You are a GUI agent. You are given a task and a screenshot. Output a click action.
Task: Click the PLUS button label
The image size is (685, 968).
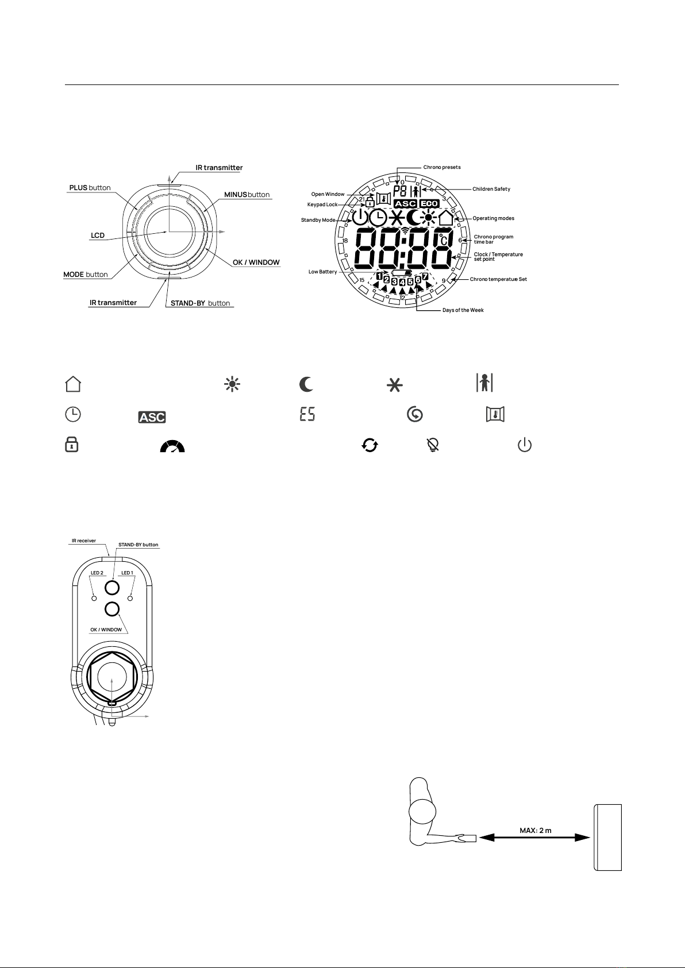[90, 187]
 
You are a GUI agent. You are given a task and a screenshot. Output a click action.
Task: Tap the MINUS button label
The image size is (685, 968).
[247, 195]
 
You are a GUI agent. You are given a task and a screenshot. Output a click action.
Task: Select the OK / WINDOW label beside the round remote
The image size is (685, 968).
[256, 263]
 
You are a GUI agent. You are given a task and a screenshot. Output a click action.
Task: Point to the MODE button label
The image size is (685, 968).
[86, 275]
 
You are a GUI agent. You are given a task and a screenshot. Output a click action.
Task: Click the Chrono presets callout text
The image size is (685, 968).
[442, 167]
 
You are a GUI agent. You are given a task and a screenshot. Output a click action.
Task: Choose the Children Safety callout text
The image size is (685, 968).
[491, 189]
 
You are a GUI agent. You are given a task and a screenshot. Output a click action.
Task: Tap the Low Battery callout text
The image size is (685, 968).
[322, 272]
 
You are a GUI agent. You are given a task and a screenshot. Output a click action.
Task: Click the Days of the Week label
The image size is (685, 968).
[463, 310]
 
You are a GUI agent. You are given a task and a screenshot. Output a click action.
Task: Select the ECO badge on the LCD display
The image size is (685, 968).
[429, 203]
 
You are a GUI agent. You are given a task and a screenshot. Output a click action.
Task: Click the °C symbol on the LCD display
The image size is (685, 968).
[443, 240]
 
